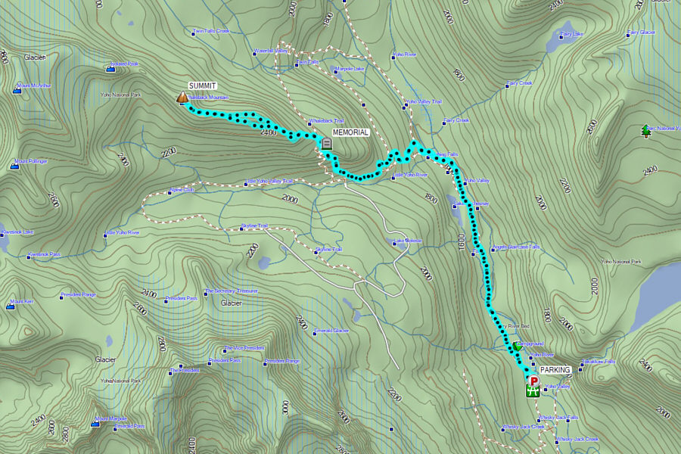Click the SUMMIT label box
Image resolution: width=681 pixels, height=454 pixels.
click(202, 86)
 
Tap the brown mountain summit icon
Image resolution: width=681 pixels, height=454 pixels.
click(182, 98)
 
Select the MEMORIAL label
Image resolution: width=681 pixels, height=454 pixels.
click(350, 132)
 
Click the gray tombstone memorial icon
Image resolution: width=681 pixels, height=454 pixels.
click(326, 143)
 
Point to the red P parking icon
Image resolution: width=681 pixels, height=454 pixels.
click(533, 381)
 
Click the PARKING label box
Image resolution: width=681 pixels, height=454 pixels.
click(556, 370)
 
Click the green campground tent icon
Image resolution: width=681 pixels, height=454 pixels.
click(517, 346)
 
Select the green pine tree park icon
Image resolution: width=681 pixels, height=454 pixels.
click(645, 130)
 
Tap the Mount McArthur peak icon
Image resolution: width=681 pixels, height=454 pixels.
click(16, 89)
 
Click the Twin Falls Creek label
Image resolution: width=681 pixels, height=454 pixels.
click(211, 32)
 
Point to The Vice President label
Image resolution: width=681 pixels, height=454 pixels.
click(244, 348)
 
